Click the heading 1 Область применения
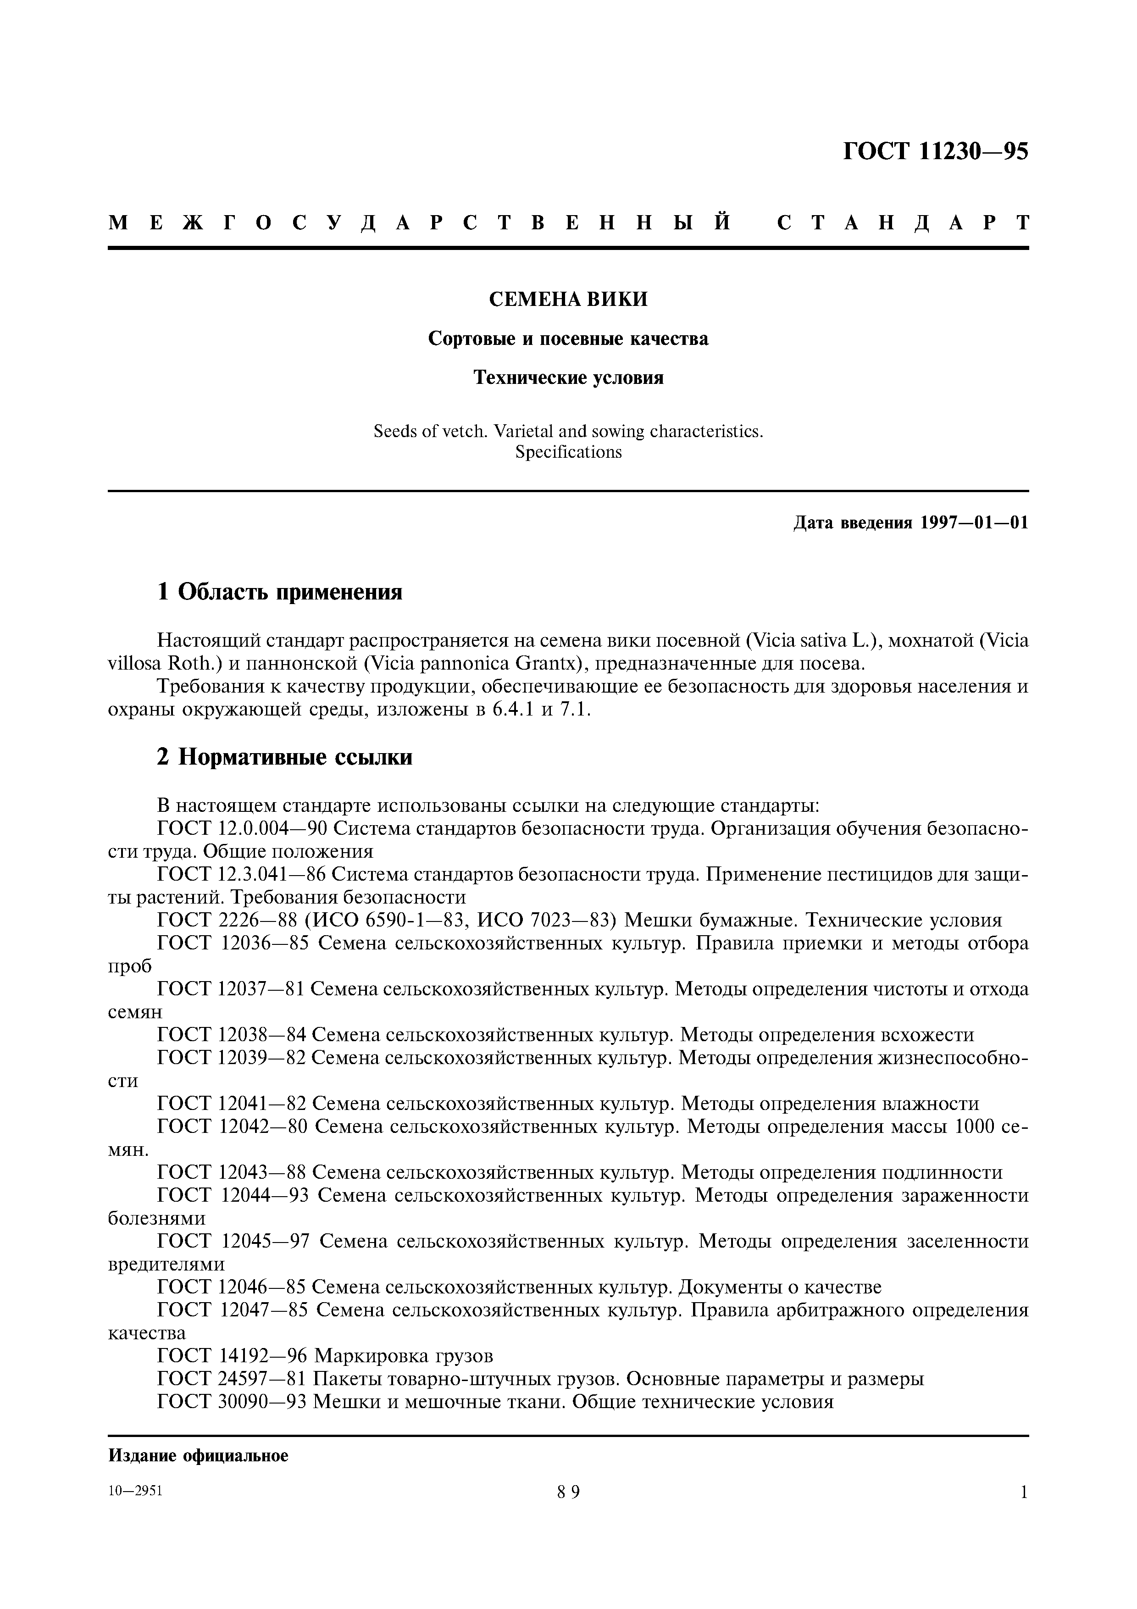coord(280,592)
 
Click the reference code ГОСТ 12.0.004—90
coord(242,829)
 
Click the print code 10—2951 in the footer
coord(135,1491)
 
